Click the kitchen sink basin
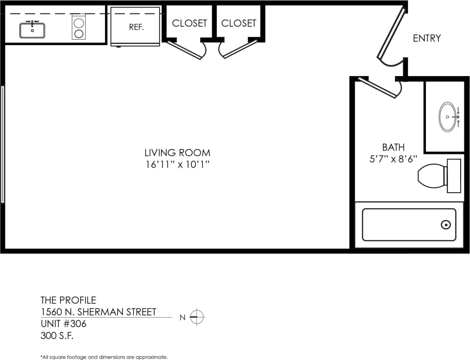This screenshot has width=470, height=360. pos(32,30)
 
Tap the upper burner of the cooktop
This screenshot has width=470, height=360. pos(79,23)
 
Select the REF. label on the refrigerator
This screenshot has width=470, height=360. pos(136,28)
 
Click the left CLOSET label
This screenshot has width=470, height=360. pos(189,23)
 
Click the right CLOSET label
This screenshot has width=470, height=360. pos(239,23)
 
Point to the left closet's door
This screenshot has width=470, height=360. pos(185,49)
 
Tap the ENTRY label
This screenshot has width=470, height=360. pos(426,38)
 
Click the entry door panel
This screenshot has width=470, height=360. pos(391,33)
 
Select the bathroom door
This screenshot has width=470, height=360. pos(378,88)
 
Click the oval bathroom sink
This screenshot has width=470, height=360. pos(447,117)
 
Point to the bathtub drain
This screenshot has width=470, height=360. pos(445,225)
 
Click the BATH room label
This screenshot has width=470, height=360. pos(393,147)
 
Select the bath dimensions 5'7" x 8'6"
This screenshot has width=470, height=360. pos(393,159)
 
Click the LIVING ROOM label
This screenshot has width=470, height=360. pos(177,153)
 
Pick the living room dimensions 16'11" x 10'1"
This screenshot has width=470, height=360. pos(177,165)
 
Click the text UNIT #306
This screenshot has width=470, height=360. pos(63,324)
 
